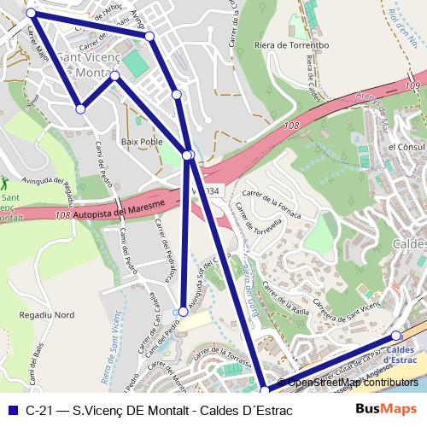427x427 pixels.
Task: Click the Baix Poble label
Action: pos(142,142)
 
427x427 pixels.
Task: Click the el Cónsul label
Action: pos(406,147)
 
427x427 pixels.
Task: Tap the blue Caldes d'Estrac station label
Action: pos(401,354)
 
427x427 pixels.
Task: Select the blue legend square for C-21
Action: pos(12,411)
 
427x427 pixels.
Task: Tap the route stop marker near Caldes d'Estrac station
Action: pos(396,336)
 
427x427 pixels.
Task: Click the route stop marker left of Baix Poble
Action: pos(80,108)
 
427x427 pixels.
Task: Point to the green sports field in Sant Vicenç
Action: pos(135,65)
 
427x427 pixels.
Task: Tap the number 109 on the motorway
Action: pos(412,87)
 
